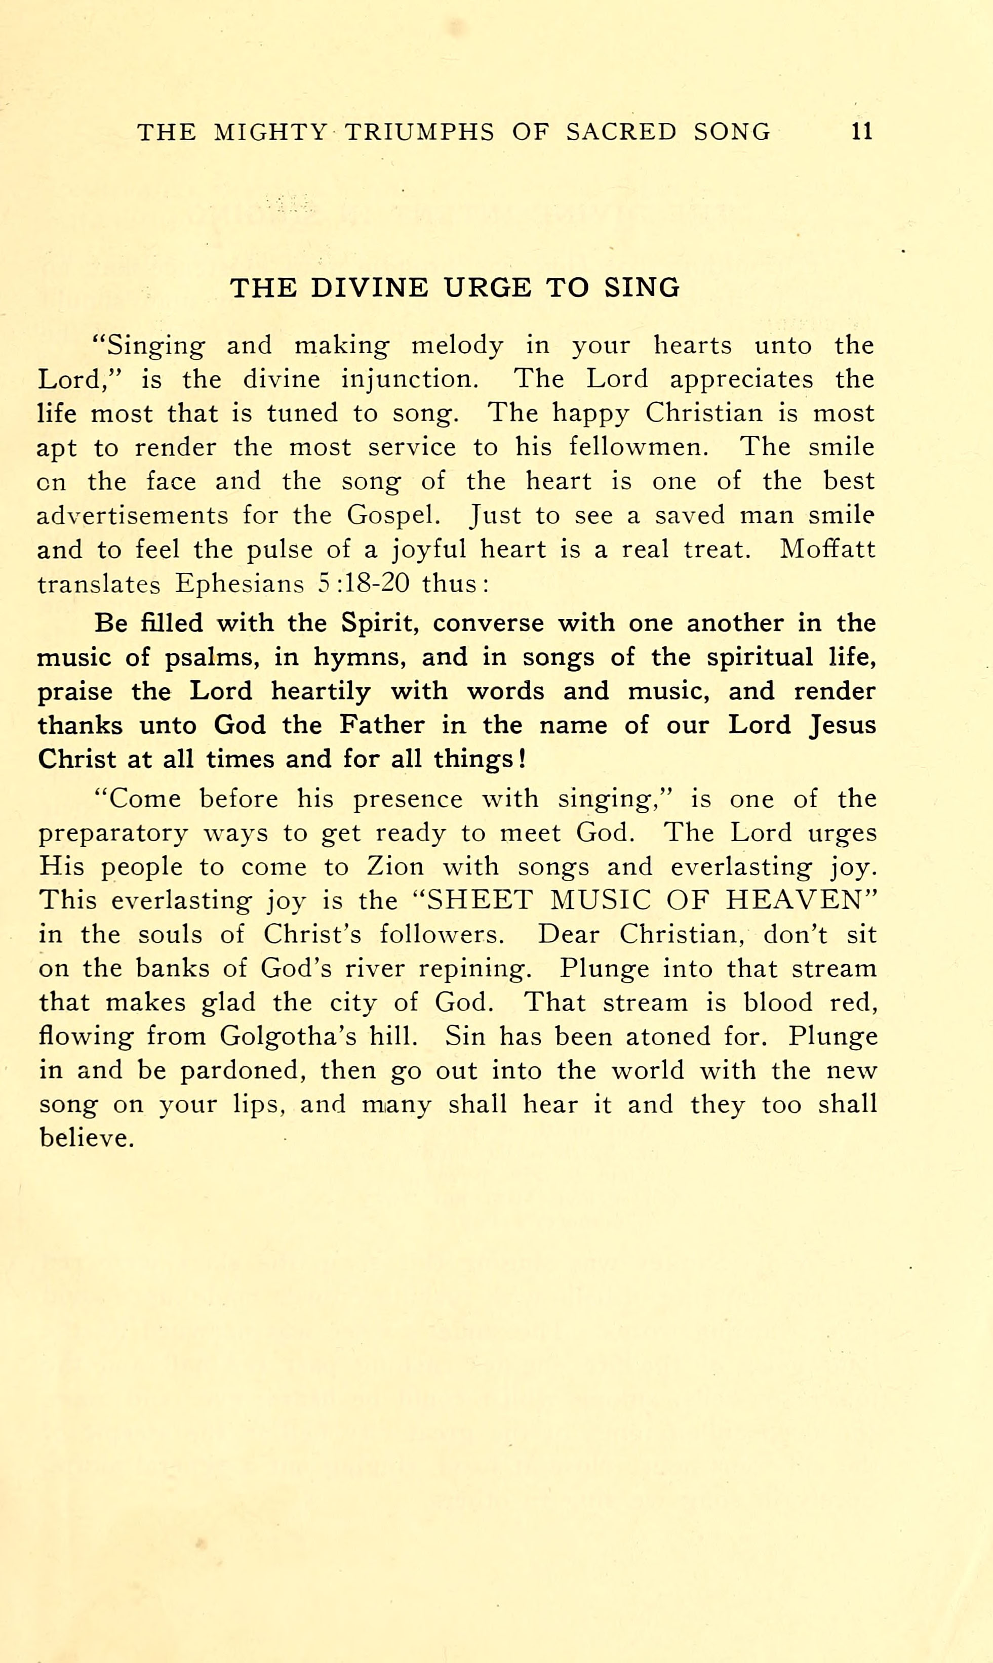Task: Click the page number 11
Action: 862,131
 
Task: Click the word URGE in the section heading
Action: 488,287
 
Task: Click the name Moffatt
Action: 827,549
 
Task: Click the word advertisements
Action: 132,516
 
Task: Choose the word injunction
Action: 410,379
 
